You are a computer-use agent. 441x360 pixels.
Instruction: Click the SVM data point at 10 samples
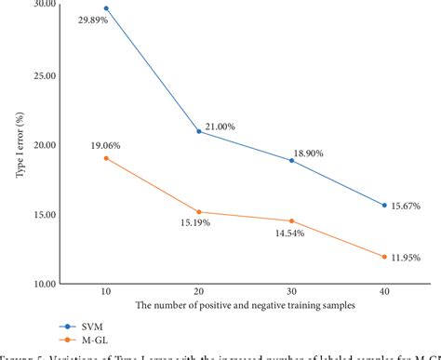[106, 8]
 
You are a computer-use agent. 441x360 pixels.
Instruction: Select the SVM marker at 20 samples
[198, 131]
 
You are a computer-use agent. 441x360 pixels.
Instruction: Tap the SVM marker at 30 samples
[291, 160]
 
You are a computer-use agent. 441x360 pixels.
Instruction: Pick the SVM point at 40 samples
[383, 205]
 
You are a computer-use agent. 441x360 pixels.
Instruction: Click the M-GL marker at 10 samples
[106, 158]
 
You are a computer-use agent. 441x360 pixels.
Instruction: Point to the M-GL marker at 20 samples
[198, 212]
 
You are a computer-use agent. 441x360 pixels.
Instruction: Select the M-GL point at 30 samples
[291, 220]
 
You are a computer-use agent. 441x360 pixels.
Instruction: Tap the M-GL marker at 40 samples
[383, 257]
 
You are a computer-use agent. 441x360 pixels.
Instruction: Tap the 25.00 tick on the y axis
[43, 76]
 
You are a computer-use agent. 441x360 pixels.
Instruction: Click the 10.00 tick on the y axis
[43, 284]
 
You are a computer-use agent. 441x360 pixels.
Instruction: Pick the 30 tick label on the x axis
[291, 292]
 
